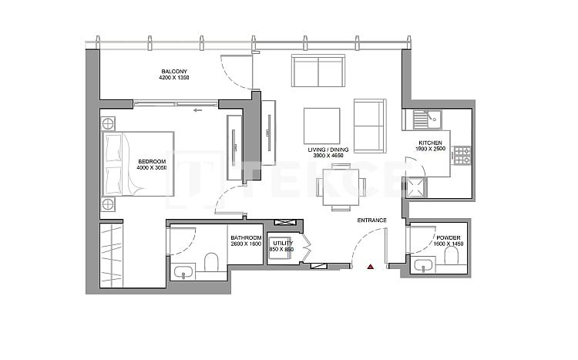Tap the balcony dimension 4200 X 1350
[173, 78]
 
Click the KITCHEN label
[429, 143]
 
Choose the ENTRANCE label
[371, 220]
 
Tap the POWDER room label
[449, 238]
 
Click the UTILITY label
[283, 244]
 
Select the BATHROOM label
[246, 237]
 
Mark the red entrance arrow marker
[371, 266]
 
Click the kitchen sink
[422, 120]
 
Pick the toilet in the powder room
[447, 265]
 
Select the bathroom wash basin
[183, 271]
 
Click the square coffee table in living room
[322, 125]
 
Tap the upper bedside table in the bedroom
[108, 122]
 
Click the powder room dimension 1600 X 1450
[449, 245]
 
